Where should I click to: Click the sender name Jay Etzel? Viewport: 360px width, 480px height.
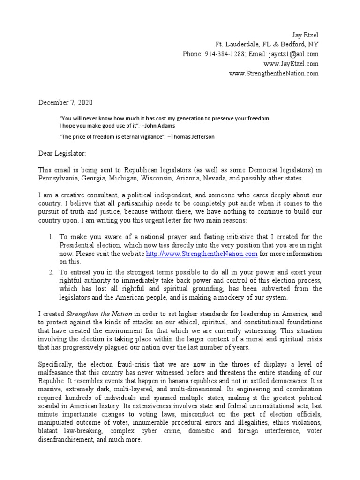305,35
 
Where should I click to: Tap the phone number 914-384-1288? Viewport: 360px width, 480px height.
225,54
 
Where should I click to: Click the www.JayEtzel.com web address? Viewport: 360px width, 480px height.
291,64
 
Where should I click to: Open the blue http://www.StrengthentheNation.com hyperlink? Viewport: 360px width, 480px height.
202,254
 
